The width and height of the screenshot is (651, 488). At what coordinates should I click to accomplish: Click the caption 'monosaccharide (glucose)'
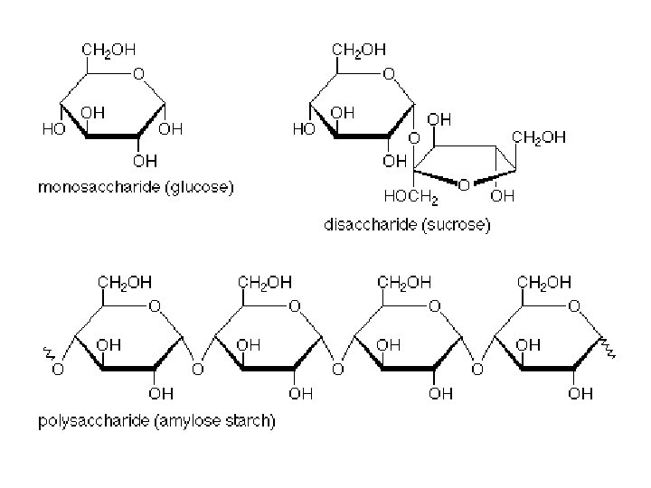coord(135,189)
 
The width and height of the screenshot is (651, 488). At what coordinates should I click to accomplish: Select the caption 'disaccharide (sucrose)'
coord(407,225)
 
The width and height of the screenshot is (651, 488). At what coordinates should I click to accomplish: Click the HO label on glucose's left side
coord(52,130)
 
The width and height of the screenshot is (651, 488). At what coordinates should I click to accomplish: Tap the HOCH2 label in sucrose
coord(410,195)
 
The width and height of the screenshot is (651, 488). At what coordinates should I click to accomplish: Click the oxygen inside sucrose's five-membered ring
coord(463,183)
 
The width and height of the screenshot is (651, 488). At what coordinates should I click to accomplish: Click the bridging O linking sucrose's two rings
coord(413,138)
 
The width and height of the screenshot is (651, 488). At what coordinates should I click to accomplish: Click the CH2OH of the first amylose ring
coord(124,283)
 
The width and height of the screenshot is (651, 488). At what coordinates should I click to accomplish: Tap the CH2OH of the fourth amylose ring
coord(545,283)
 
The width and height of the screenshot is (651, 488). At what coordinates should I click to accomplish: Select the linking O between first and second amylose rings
coord(197,370)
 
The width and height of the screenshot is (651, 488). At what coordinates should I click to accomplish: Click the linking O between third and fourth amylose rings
coord(478,370)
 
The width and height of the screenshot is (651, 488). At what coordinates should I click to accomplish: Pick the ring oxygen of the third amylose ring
coord(434,306)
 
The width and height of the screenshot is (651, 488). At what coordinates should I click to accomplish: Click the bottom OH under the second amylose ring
coord(301,393)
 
